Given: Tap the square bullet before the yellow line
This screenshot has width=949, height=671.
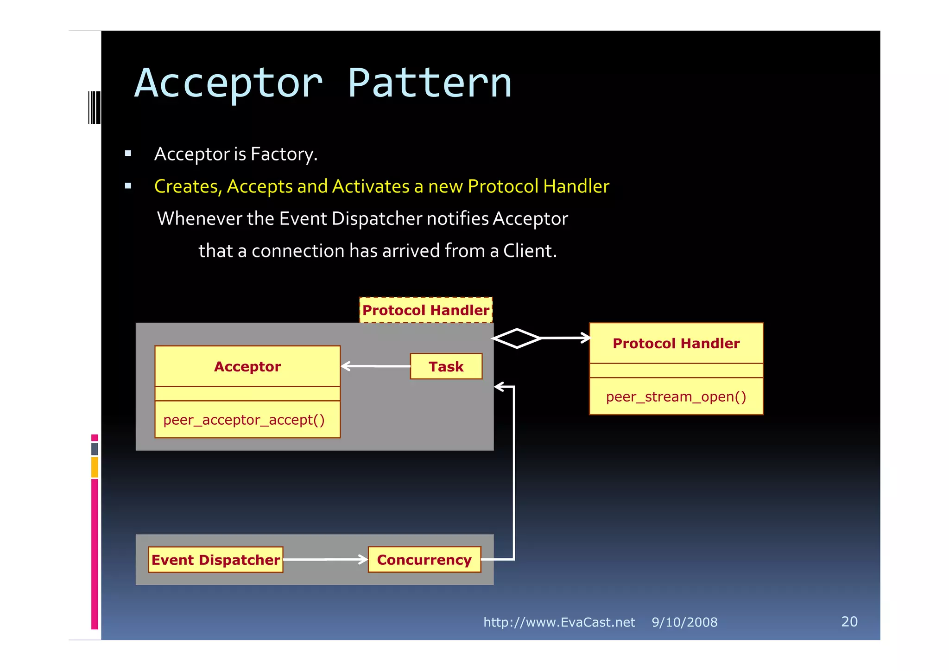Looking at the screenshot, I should pos(128,186).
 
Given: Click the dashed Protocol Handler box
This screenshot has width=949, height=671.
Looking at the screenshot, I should pos(425,310).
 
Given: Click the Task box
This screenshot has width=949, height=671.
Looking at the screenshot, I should pos(446,367).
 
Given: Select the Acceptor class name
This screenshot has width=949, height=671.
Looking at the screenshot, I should pos(247,367).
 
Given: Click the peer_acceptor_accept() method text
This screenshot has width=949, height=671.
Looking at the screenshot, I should pos(244,420).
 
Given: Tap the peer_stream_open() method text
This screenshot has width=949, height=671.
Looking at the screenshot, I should pos(676,397).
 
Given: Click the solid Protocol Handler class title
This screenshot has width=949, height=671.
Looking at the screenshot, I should pos(676,344).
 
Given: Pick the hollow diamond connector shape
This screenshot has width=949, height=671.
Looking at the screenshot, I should pos(516,338).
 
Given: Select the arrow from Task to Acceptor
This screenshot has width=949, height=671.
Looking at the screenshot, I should pos(375,366).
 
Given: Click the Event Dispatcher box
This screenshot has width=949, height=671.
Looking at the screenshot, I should pos(215,560).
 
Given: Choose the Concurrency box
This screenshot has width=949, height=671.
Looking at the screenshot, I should pos(424,560).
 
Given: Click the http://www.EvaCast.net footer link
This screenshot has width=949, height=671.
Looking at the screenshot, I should pos(559,622).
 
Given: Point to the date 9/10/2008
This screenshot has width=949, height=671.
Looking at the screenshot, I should pos(684,622).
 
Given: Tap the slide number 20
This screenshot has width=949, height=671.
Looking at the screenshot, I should pos(849,622).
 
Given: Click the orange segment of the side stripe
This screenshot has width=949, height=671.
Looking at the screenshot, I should pos(95,467).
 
